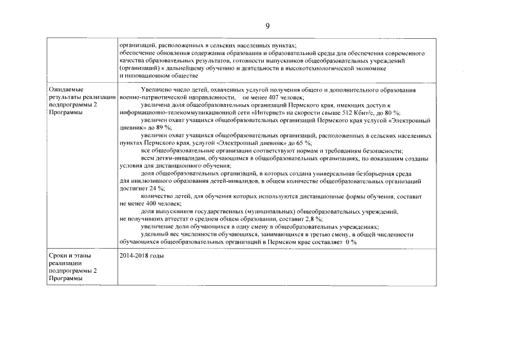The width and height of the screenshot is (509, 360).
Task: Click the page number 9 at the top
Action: point(268,25)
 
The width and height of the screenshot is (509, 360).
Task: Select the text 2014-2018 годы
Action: point(142,256)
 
